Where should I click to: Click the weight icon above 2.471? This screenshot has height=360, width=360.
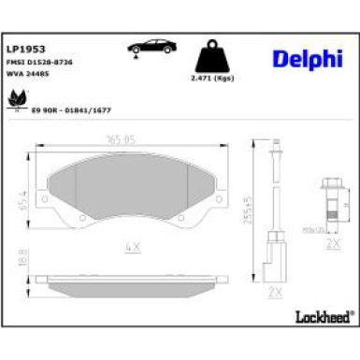click(x=218, y=56)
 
